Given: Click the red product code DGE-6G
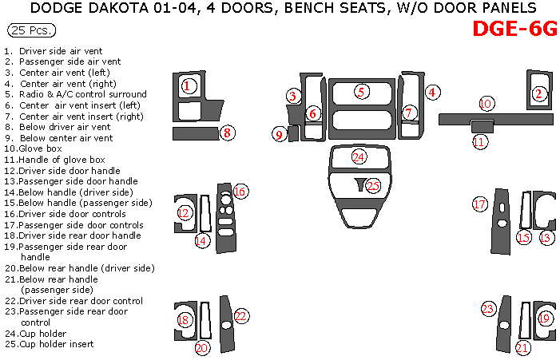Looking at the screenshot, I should pos(514,29).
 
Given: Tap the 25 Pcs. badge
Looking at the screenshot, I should pos(31,31).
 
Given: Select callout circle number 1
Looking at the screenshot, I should pos(188,85).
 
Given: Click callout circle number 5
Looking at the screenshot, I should pos(361,92).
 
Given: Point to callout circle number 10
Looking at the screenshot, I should pos(487,103).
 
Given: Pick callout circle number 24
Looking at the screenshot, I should pos(359,157).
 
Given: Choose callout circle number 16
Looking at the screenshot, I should pos(239,191).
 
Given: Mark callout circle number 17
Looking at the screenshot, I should pos(479,204).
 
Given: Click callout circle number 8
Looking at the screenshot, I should pos(228,133).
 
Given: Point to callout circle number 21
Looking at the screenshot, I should pos(522,347).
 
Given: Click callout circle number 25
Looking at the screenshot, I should pos(373,186).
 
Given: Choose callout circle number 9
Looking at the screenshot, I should pos(279,135).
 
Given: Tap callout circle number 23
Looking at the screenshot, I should pos(488,309).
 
